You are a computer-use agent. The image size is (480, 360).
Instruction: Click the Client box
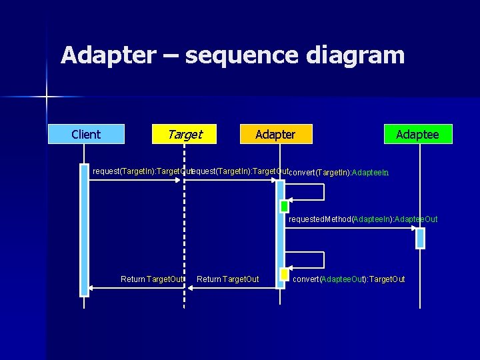click(x=86, y=135)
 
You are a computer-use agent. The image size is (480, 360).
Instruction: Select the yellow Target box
click(x=185, y=135)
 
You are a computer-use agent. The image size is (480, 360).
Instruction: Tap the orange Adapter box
click(x=276, y=135)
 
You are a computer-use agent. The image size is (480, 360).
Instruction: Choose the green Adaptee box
click(x=418, y=135)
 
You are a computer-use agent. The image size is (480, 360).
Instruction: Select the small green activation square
click(x=285, y=207)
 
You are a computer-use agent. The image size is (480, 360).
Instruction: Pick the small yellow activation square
click(x=285, y=274)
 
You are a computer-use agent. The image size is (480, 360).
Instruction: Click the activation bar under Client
click(x=84, y=229)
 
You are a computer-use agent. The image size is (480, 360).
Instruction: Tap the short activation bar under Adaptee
click(x=420, y=237)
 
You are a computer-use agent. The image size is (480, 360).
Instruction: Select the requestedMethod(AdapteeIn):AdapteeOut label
click(x=363, y=219)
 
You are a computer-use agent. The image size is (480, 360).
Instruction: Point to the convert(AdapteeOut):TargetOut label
click(x=349, y=279)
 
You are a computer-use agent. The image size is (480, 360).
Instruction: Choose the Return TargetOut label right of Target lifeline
click(x=228, y=279)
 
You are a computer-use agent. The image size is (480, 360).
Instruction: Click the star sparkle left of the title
click(x=47, y=97)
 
